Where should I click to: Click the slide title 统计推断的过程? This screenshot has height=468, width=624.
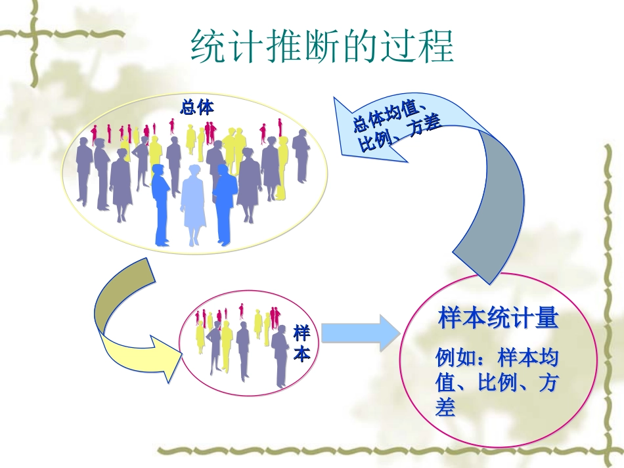[x=322, y=47]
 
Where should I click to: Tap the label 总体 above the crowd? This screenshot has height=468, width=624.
[x=197, y=106]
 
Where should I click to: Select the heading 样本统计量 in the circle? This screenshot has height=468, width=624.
[x=498, y=319]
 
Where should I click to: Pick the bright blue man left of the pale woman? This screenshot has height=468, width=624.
[x=160, y=203]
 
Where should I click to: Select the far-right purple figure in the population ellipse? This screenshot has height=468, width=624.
[x=301, y=155]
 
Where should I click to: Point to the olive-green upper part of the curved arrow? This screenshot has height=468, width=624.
[x=122, y=295]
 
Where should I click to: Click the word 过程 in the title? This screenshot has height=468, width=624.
[x=421, y=47]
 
